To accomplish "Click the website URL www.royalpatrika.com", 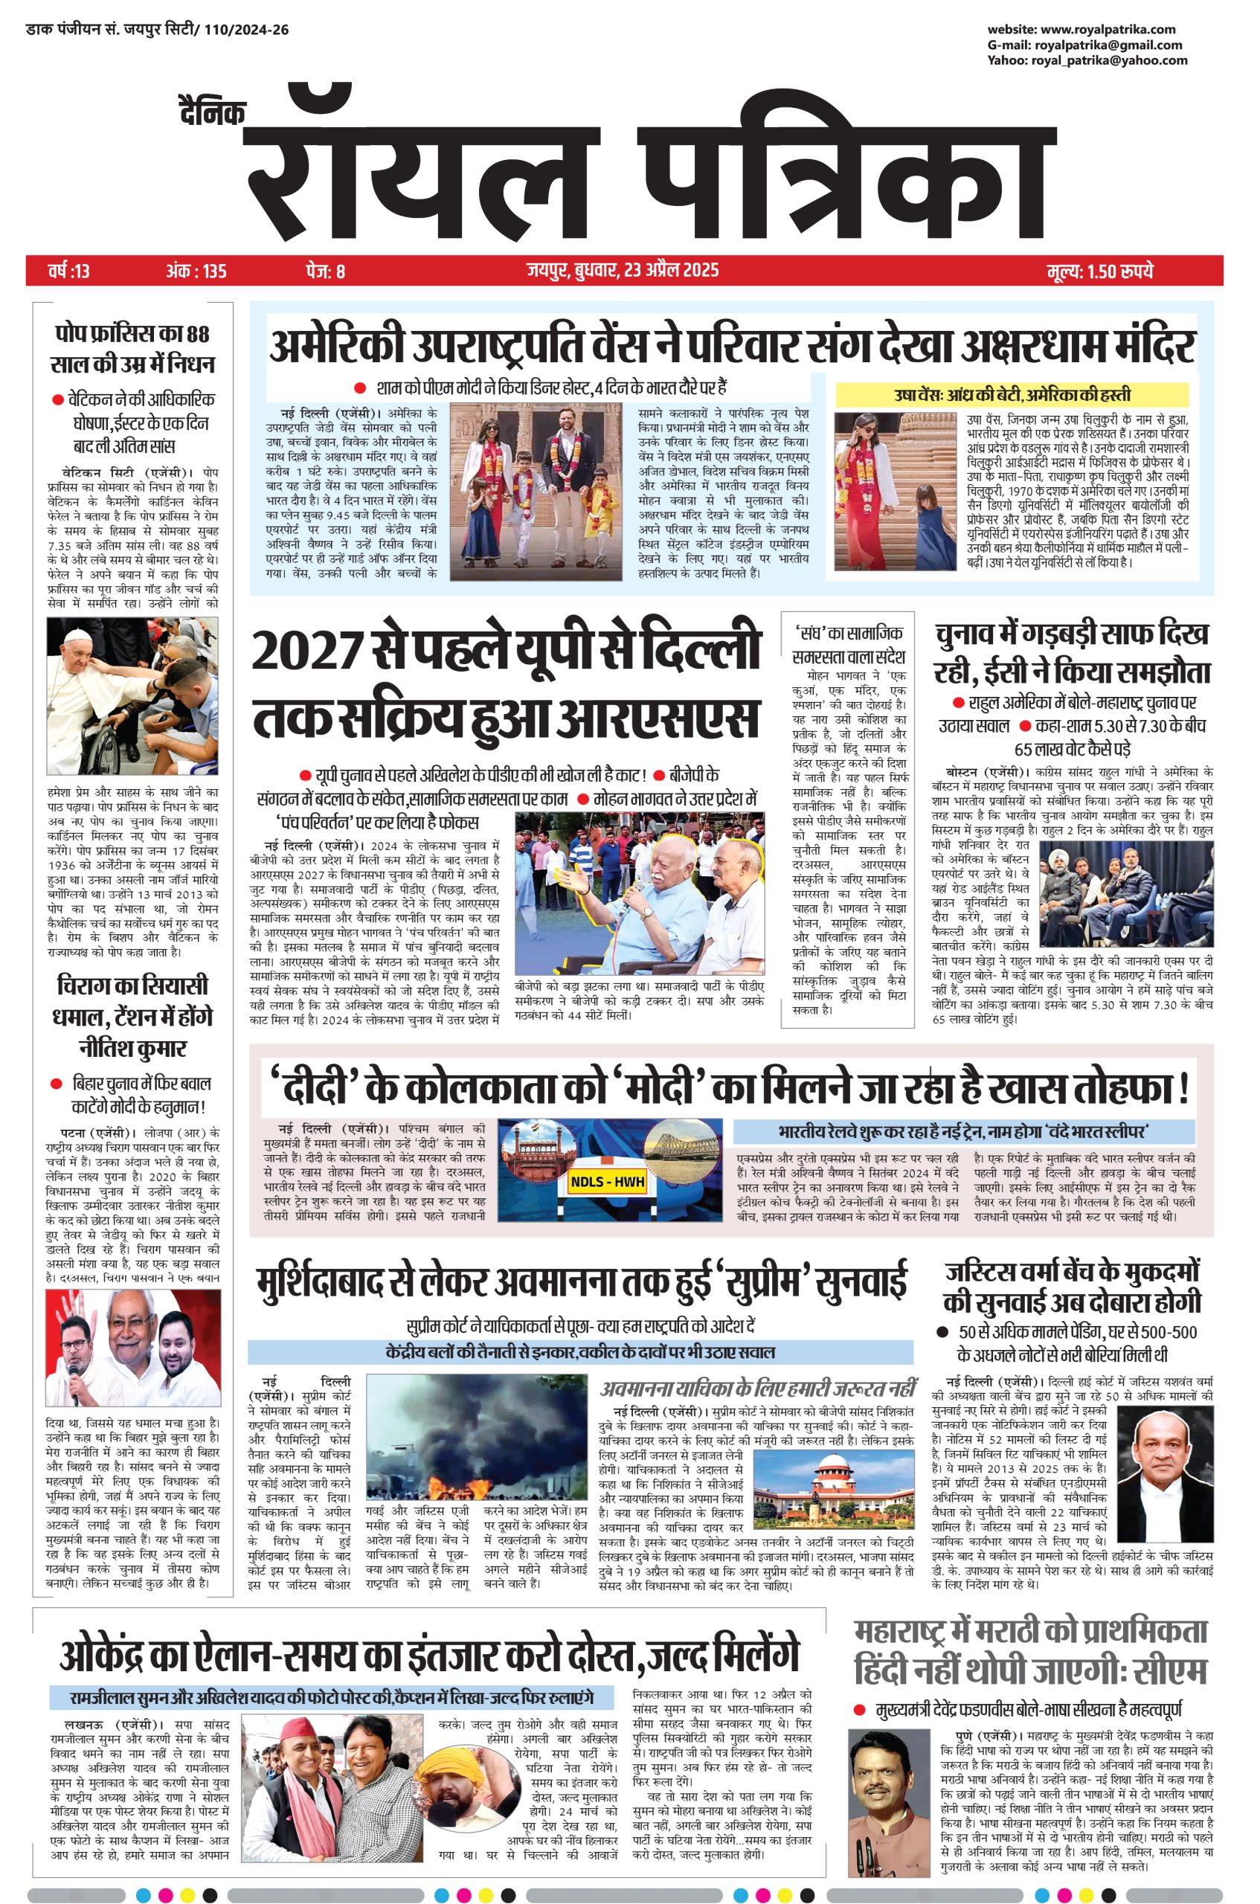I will pyautogui.click(x=1112, y=30).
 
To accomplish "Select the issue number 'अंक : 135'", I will pyautogui.click(x=196, y=271).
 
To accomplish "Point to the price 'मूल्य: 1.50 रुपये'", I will pyautogui.click(x=1100, y=271).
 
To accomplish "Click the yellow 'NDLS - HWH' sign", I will pyautogui.click(x=608, y=1182).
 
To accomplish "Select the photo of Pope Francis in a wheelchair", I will pyautogui.click(x=132, y=695).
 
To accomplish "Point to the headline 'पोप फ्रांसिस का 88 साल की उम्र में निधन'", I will pyautogui.click(x=132, y=348).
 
